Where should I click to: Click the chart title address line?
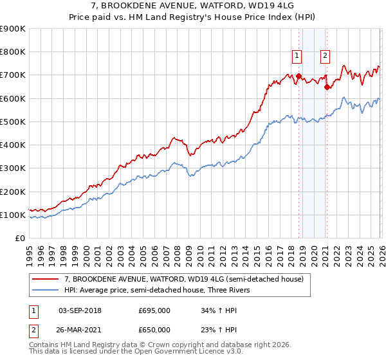[x=193, y=6]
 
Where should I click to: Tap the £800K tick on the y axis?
[x=13, y=52]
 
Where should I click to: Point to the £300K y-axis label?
[x=13, y=168]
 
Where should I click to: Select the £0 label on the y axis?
[x=19, y=239]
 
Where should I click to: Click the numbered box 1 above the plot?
[x=297, y=56]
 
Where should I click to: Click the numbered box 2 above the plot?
[x=326, y=56]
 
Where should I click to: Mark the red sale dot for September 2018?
[x=299, y=76]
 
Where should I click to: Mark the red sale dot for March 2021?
[x=327, y=87]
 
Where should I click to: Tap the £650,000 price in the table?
[x=154, y=329]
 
